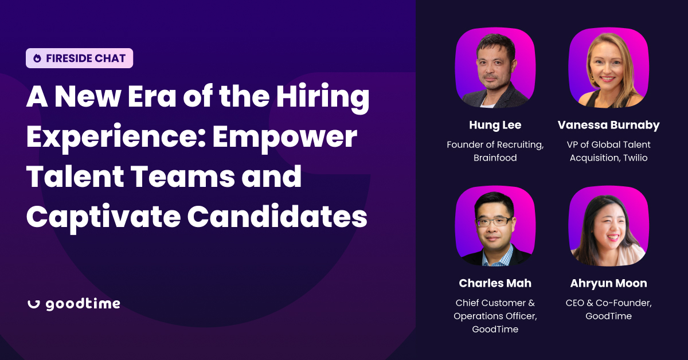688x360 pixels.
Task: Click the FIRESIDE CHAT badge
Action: click(79, 58)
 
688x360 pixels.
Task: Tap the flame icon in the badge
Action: click(37, 58)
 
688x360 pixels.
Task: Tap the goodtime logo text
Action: click(83, 304)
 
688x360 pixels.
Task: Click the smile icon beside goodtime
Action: click(33, 304)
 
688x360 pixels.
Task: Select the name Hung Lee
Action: click(495, 125)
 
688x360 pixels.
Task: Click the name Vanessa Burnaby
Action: click(608, 125)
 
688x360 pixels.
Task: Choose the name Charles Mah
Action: click(495, 283)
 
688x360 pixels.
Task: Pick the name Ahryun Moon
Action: click(608, 283)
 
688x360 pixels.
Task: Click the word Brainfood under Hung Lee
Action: click(495, 157)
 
